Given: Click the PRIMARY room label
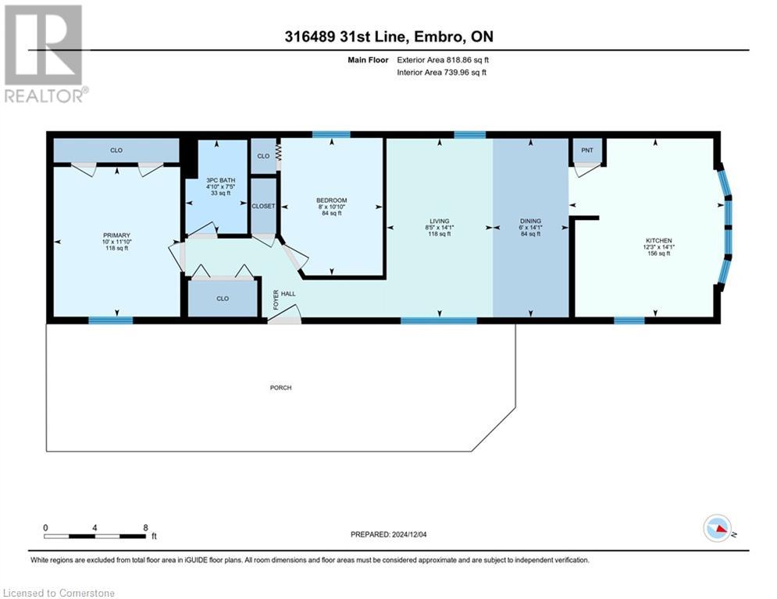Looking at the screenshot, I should [116, 235].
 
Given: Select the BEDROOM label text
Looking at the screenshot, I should [331, 200].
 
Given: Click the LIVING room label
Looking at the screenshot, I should [440, 221].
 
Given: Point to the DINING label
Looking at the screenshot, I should [530, 221].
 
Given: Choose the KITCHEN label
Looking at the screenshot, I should [658, 240].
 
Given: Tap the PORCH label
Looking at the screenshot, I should [280, 388].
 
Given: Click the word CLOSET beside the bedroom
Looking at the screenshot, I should [263, 207].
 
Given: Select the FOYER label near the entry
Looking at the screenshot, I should [275, 299].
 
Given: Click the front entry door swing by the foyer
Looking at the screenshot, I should [286, 314].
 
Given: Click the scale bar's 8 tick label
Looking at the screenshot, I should [145, 527].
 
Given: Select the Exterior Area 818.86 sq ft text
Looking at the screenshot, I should [444, 59].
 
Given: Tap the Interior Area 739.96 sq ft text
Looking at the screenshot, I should [443, 73].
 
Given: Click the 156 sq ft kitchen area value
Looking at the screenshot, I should [658, 253].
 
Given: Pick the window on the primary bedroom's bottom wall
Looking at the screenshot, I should [110, 320].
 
